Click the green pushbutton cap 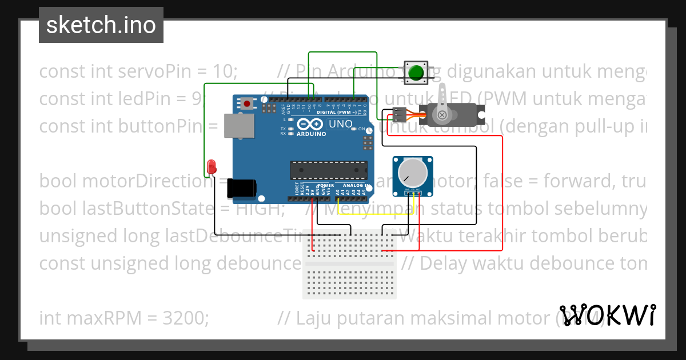(415, 73)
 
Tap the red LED (212, 166)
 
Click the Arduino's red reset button (247, 103)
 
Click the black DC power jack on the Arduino (241, 188)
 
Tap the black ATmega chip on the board (328, 170)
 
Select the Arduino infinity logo (310, 125)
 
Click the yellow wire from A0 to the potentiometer (372, 215)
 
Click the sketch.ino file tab (101, 25)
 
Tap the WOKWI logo (607, 315)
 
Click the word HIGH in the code (261, 209)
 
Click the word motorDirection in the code (146, 181)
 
